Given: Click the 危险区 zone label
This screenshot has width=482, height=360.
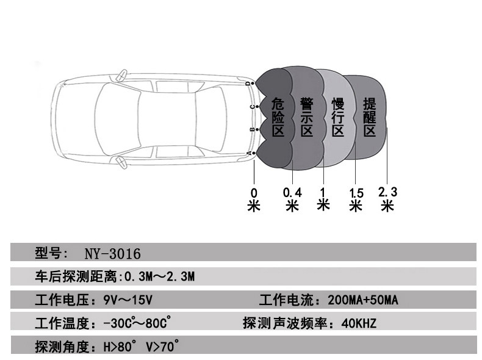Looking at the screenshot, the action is (x=278, y=117).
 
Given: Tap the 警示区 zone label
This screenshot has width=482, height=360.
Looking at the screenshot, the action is (x=307, y=117).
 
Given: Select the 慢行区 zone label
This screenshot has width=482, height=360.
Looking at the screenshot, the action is (x=338, y=117).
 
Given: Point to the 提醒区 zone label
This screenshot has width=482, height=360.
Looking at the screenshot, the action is (x=370, y=117).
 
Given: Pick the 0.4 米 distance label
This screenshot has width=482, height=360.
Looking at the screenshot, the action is (x=292, y=200).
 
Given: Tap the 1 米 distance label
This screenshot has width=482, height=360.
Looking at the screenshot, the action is (x=323, y=199).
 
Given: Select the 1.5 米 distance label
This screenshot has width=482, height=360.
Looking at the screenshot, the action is (x=356, y=200).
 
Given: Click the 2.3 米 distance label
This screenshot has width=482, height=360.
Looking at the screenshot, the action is (x=387, y=199).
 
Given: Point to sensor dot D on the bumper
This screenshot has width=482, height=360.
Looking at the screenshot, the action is (x=253, y=84).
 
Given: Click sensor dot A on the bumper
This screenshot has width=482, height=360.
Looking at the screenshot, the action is (x=254, y=153).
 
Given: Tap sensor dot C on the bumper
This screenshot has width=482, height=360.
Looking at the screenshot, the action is (x=257, y=107).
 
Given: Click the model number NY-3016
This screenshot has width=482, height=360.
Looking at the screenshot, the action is (x=112, y=254).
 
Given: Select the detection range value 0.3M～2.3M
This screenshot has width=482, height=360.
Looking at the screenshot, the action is (x=159, y=276).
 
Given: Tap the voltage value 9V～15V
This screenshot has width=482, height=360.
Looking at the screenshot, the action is (x=128, y=300).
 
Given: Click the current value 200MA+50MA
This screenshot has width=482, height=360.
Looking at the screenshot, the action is (x=363, y=300).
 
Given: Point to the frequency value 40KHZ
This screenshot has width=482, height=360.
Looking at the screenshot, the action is (x=359, y=323).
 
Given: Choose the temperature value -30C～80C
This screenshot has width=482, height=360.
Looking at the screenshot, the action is (x=137, y=323).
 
